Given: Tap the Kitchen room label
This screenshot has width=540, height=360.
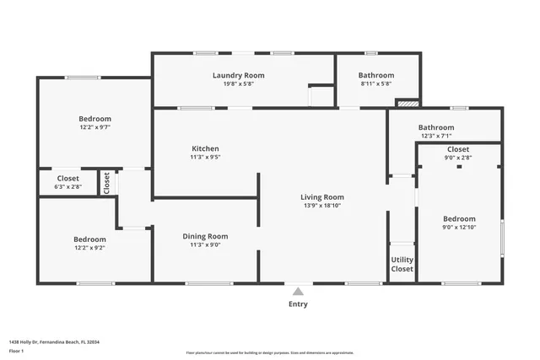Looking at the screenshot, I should click(x=204, y=148).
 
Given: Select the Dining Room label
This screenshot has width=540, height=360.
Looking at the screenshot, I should click(x=205, y=236).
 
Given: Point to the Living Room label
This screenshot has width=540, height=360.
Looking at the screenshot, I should click(x=322, y=197).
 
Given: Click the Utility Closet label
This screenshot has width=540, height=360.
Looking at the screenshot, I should click(x=402, y=264).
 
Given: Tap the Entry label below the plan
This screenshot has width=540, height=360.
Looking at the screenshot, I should click(x=298, y=304).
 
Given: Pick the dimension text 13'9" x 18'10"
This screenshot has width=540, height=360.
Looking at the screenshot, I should click(x=322, y=206).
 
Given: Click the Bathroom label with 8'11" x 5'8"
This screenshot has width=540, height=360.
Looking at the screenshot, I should click(x=376, y=75).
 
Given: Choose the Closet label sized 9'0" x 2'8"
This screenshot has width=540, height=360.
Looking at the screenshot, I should click(x=458, y=148).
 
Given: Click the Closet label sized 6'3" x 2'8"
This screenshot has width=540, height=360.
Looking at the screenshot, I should click(x=67, y=178).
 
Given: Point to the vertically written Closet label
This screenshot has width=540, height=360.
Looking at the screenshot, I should click(x=106, y=182).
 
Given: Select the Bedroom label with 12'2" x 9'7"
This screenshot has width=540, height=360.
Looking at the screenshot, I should click(x=95, y=119).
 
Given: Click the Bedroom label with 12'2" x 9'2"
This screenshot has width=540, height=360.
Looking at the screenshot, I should click(x=89, y=239).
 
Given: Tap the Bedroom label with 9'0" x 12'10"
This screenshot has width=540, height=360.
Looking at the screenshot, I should click(x=459, y=218).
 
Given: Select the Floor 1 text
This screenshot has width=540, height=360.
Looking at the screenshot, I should click(x=16, y=351).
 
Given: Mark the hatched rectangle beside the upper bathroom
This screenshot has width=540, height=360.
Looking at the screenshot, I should click(x=407, y=104).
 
